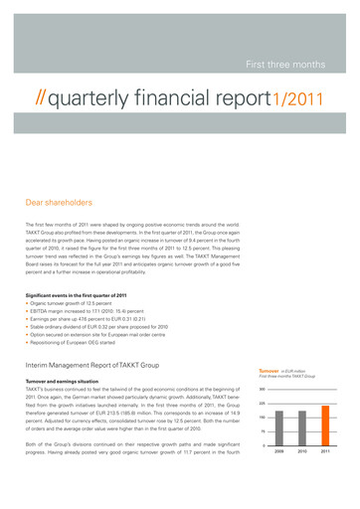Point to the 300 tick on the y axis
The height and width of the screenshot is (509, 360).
[x=262, y=389]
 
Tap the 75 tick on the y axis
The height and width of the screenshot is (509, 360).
[x=263, y=431]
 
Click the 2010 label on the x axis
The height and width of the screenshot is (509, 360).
[x=304, y=452]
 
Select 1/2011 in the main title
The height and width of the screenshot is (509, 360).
[x=297, y=100]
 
